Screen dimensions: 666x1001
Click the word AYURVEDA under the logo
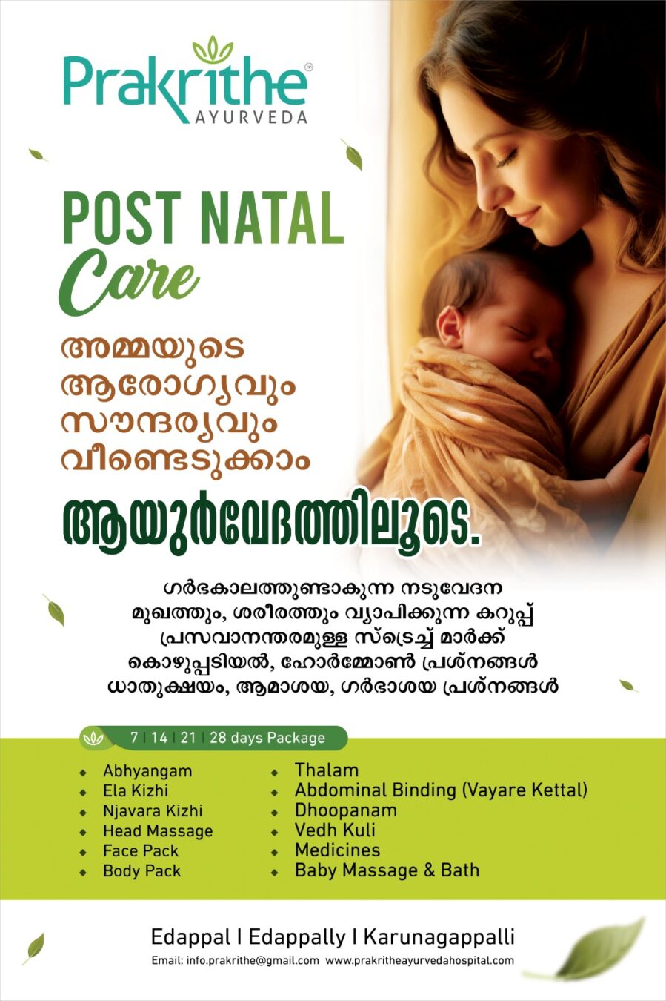click(x=251, y=118)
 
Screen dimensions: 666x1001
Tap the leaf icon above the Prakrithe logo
click(x=213, y=50)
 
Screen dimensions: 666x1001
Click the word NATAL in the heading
click(x=273, y=218)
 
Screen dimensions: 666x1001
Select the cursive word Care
click(x=129, y=282)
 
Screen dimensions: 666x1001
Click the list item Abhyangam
click(x=147, y=771)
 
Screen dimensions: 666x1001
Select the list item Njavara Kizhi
click(x=153, y=811)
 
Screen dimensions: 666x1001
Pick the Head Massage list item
click(x=158, y=830)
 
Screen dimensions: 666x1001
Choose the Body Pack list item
click(x=142, y=870)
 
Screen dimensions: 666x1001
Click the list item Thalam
click(x=327, y=770)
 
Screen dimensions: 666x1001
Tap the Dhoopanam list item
click(x=346, y=810)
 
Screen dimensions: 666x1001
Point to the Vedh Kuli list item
click(x=336, y=830)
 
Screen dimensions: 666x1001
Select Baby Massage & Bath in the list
click(x=387, y=870)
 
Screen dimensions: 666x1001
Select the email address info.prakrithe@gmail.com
click(x=236, y=961)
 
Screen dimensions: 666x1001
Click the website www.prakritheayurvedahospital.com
click(x=419, y=961)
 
